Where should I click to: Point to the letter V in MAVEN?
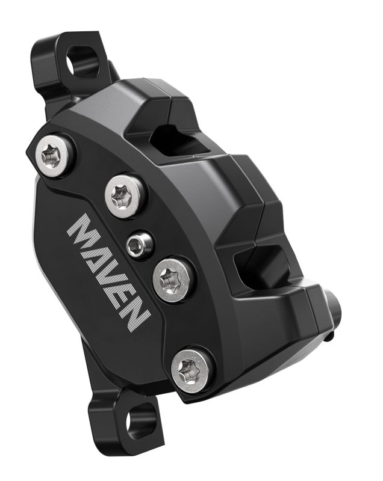point(111,278)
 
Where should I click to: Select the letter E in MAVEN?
point(125,298)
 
